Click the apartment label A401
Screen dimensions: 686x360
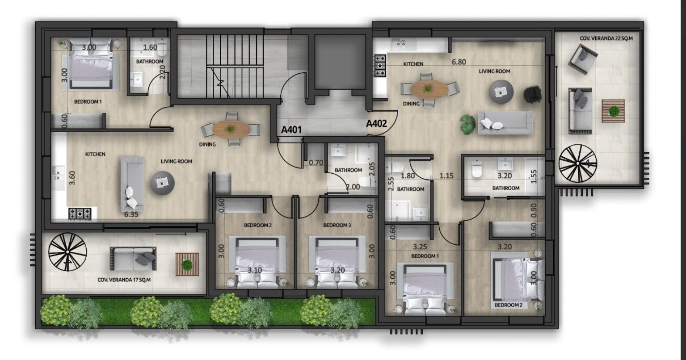coord(291,130)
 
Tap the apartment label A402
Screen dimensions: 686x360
coord(376,124)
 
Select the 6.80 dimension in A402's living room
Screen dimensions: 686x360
coord(459,62)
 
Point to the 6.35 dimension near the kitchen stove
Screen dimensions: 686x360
coord(131,214)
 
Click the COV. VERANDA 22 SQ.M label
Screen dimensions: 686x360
coord(606,38)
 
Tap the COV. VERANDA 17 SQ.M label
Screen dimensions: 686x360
coord(124,280)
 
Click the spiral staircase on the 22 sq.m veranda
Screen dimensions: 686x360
coord(577,164)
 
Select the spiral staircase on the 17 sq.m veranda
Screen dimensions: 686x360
coord(67,252)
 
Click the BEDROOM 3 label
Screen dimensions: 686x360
coord(337,225)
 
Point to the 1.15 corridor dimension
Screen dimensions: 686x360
coord(446,176)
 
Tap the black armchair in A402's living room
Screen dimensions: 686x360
coord(533,94)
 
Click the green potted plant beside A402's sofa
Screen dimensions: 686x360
coord(467,124)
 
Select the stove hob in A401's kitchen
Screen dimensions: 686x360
coord(80,213)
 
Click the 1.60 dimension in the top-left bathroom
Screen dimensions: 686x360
coord(150,47)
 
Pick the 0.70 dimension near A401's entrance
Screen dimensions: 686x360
coord(316,163)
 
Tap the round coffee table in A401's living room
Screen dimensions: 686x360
coord(162,183)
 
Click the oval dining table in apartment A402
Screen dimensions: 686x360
coord(429,89)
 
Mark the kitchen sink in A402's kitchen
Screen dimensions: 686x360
coord(400,45)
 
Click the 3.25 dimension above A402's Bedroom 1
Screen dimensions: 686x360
coord(420,247)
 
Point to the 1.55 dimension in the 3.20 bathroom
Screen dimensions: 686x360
coord(534,176)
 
